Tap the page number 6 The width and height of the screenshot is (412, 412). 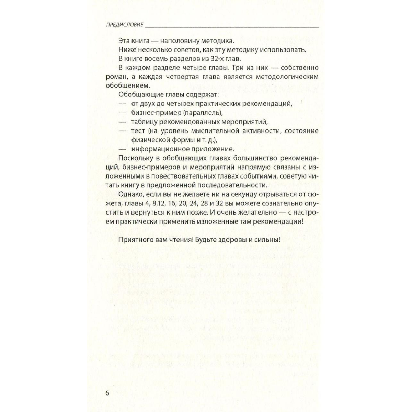(107, 393)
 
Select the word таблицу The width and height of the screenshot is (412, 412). (144, 122)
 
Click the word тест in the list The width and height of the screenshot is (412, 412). (138, 131)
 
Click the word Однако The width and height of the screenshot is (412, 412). (130, 194)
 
